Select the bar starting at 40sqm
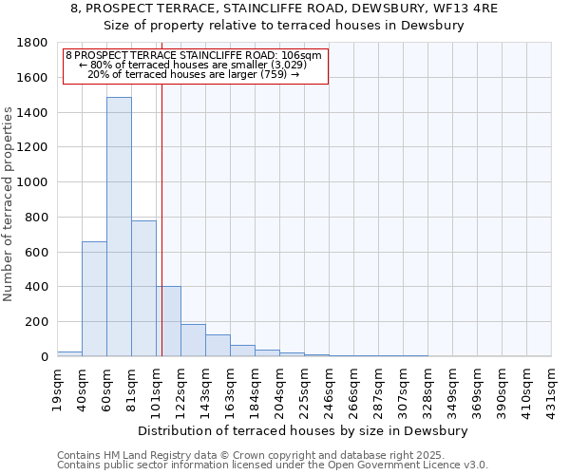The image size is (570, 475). tap(94, 298)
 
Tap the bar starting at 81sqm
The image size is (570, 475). tap(143, 288)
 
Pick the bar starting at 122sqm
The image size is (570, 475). tap(193, 340)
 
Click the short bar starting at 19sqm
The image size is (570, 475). tap(69, 353)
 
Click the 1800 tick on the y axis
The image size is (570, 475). tap(35, 43)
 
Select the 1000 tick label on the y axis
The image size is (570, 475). tap(35, 182)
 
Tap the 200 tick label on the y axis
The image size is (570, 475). tap(39, 322)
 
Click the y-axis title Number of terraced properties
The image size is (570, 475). tap(9, 204)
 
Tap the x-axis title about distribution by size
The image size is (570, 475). tap(303, 430)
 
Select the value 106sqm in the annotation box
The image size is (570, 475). tap(305, 56)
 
